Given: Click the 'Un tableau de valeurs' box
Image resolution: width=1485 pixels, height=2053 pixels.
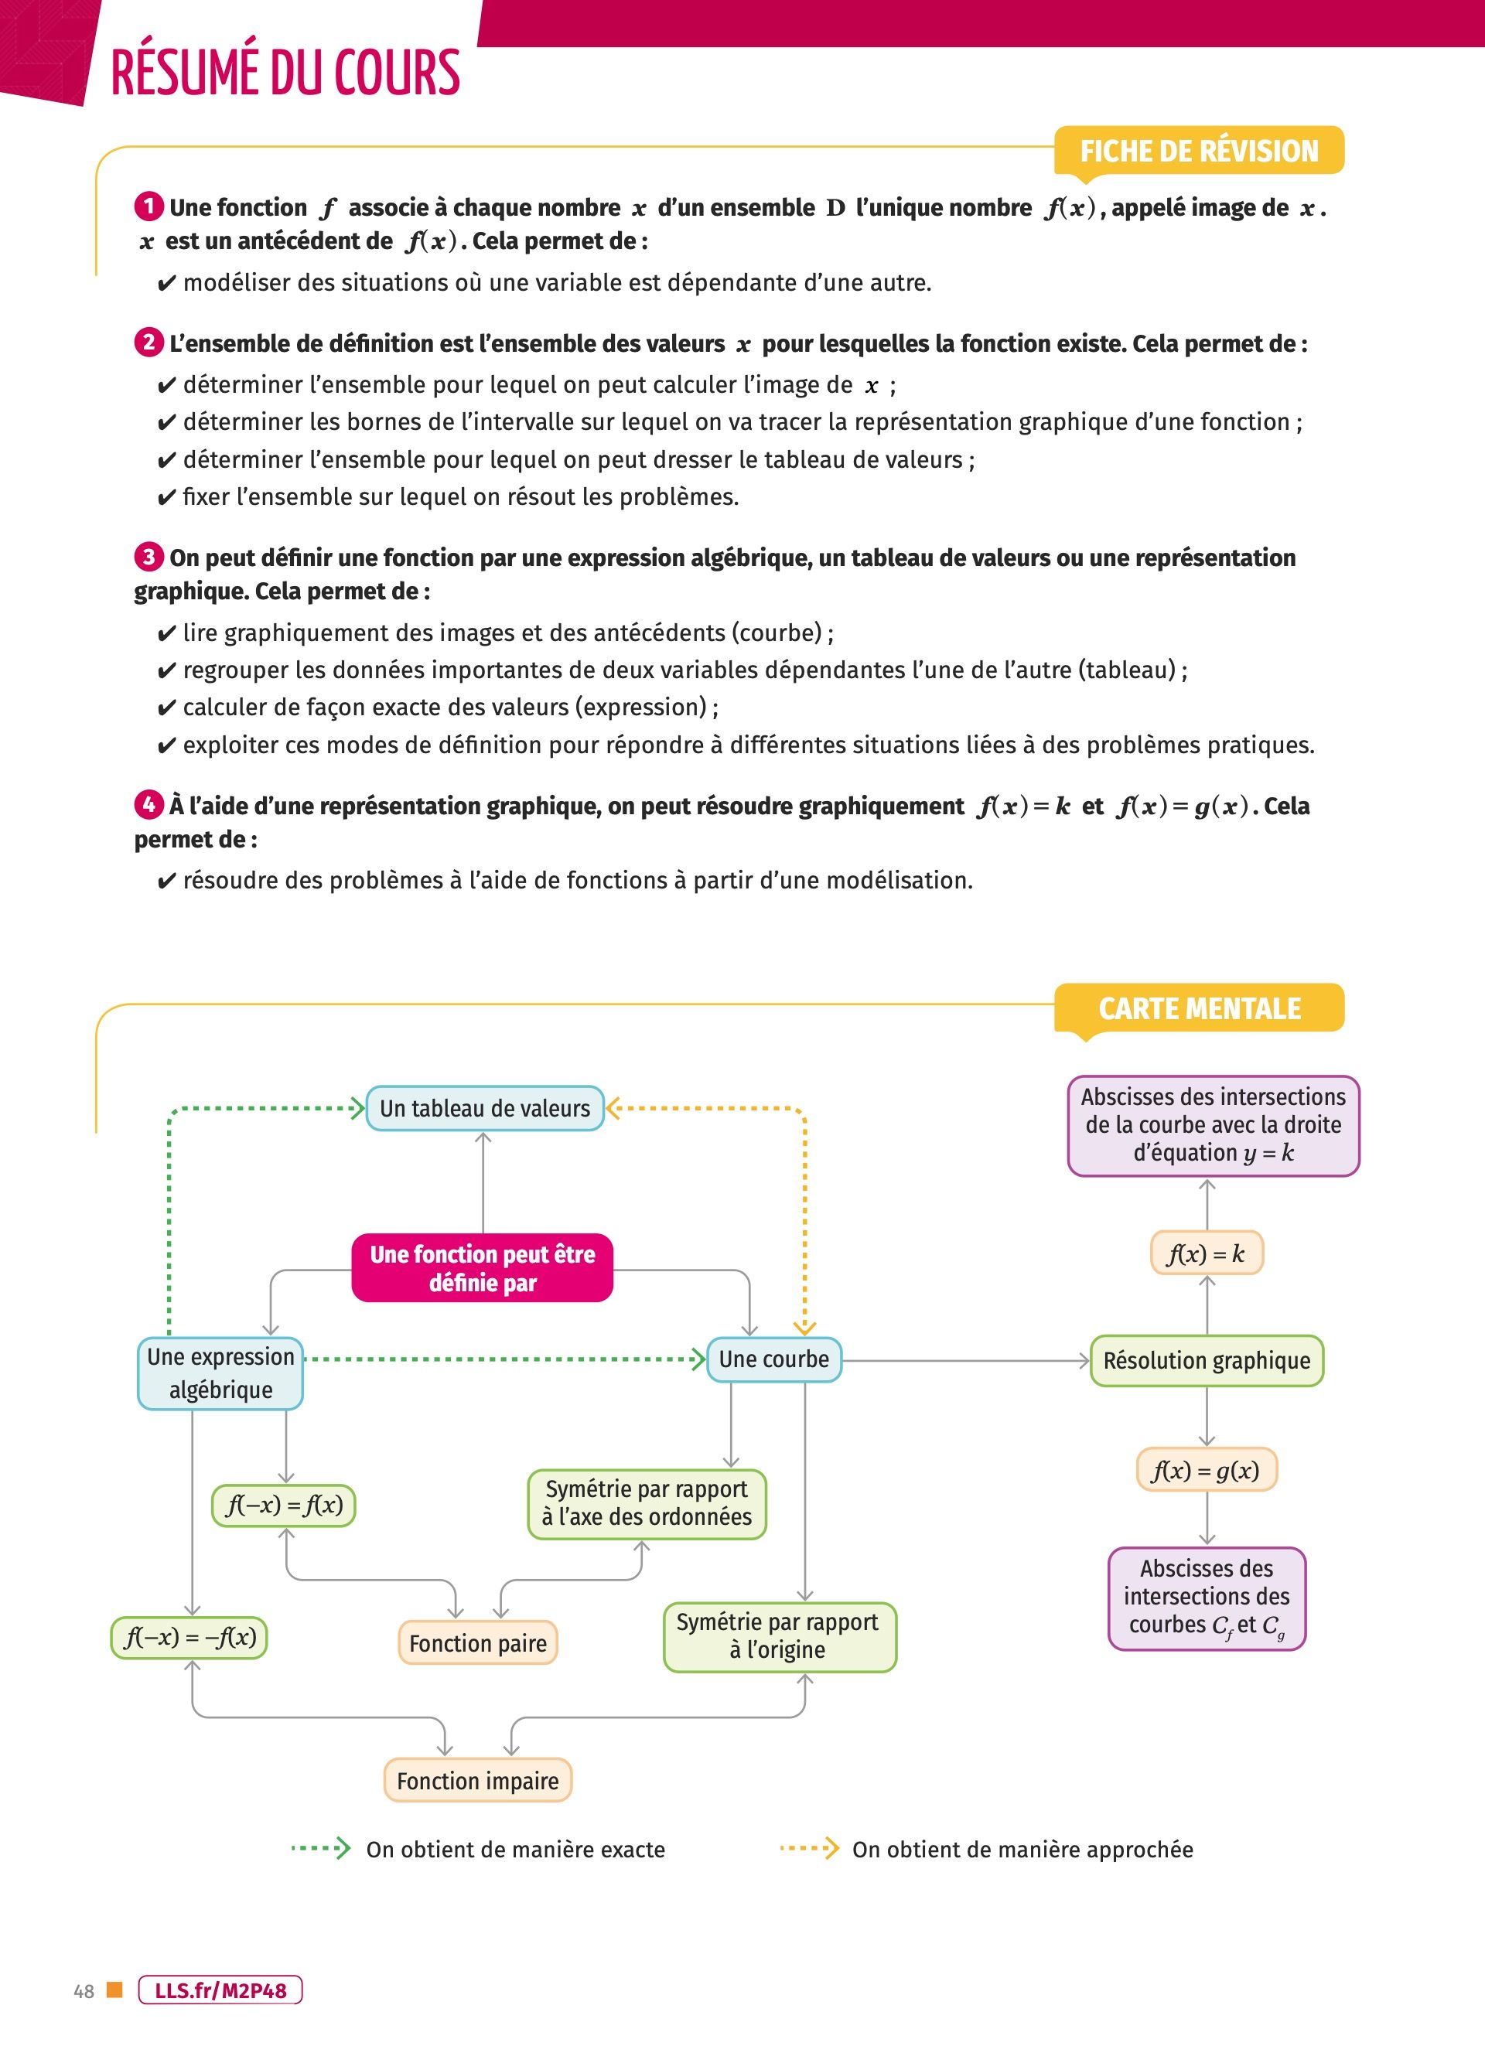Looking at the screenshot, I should click(484, 1108).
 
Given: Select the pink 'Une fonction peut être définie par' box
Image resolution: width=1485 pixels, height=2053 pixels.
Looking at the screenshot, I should click(483, 1267).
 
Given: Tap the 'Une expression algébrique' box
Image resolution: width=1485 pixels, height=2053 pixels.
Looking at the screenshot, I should click(220, 1373).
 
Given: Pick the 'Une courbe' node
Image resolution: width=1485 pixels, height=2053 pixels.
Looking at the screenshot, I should click(773, 1359).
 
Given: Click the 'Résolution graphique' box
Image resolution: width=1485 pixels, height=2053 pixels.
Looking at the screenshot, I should click(1206, 1360).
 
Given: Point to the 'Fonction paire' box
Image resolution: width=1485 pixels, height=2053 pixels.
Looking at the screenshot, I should click(477, 1643).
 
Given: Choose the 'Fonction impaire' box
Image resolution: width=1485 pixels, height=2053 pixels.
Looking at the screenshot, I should click(477, 1781).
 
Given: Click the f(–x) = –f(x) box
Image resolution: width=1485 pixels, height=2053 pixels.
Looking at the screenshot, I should click(189, 1637).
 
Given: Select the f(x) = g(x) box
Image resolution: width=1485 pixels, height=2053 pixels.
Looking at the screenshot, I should click(1206, 1470).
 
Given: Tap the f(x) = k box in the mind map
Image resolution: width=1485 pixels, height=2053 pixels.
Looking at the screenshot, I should click(1206, 1253).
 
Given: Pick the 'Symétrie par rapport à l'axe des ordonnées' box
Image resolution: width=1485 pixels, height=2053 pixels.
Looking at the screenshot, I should click(647, 1502).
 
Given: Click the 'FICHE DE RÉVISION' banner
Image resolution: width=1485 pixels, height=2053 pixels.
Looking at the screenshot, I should click(1199, 150).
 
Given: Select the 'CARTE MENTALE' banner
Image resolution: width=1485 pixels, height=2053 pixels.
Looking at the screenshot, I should click(1199, 1008).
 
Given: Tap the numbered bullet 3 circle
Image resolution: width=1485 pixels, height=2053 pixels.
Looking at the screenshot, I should click(148, 557).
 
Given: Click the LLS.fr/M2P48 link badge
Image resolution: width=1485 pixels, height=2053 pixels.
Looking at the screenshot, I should click(220, 1990).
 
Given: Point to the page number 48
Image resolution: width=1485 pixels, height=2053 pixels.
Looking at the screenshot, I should click(84, 1991).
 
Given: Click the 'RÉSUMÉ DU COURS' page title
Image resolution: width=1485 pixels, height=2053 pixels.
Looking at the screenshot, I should click(285, 73).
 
